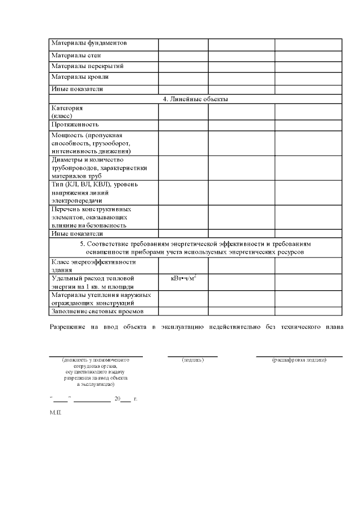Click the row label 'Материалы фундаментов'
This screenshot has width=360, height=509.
point(89,43)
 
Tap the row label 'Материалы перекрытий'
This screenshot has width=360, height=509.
point(87,66)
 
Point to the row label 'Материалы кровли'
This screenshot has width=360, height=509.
point(80,76)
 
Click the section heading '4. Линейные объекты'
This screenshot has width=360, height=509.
point(195,99)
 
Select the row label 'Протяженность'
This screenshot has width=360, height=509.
point(75,124)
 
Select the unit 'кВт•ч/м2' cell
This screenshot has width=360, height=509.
point(183,278)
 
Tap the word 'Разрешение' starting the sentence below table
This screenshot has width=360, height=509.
point(67,327)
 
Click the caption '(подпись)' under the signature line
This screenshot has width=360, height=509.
point(192,359)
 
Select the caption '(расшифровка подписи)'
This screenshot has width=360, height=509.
point(299,359)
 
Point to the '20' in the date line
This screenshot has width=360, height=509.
point(117,398)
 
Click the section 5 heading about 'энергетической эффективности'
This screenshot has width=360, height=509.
point(195,248)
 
